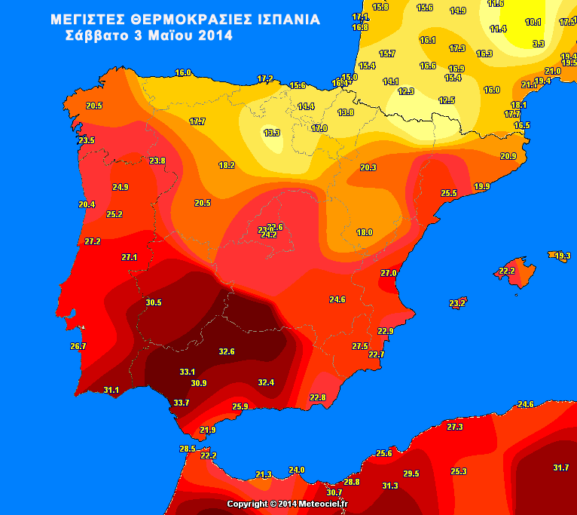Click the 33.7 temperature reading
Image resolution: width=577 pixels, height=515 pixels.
coord(182,403)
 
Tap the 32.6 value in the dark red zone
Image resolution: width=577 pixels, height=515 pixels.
coord(227,351)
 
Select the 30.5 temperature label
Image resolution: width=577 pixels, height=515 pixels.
coord(154,302)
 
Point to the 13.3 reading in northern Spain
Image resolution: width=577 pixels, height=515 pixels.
coord(272,133)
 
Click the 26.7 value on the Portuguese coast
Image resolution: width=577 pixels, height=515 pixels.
coord(78,346)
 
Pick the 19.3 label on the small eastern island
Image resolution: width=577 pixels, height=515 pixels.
coord(563,256)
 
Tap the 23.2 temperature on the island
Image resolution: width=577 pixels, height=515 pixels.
coord(457,303)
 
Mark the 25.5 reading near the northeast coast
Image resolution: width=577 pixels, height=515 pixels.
coord(449,194)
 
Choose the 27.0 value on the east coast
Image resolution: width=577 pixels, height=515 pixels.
coord(388,273)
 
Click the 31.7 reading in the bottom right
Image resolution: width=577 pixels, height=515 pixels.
coord(561,467)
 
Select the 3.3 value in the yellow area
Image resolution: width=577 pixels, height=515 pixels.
coord(539,44)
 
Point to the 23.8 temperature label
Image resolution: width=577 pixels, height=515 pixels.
coord(157,161)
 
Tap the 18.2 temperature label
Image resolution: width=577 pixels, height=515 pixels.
coord(227,165)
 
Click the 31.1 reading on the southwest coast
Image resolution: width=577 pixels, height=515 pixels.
coord(111,390)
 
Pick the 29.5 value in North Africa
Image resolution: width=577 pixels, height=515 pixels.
coord(411,474)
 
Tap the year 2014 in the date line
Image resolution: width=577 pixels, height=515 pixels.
coord(215,35)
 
